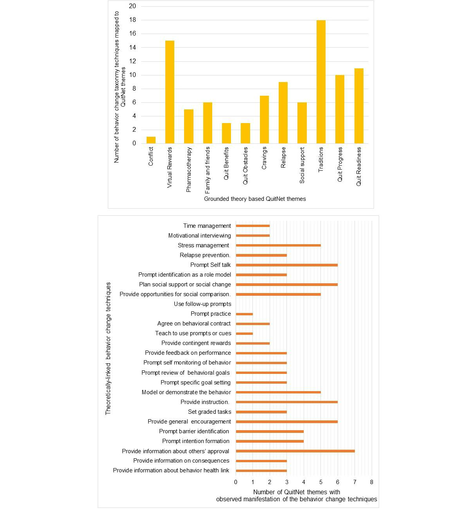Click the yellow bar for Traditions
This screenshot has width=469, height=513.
point(321,82)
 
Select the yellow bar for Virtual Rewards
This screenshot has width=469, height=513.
point(170,92)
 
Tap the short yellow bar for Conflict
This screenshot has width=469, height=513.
point(151,140)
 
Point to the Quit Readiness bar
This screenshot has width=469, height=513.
point(359,106)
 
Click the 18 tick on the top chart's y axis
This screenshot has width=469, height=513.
point(132,20)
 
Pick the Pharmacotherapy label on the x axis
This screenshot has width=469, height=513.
point(189,169)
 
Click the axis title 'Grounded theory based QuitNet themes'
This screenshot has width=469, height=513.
point(255,199)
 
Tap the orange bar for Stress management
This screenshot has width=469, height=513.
point(278,245)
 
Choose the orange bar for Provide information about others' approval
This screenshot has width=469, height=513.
point(295,451)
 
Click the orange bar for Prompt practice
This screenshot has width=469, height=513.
point(244,314)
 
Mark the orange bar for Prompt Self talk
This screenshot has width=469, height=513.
point(286,265)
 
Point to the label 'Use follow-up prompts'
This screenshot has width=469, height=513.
point(202,304)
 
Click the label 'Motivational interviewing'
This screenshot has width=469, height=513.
point(199,236)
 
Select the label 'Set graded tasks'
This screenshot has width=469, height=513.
point(209,412)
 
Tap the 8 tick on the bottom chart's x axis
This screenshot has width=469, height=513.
point(372,482)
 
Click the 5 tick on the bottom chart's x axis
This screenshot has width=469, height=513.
point(321,482)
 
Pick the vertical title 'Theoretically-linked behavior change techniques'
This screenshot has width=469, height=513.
point(108,348)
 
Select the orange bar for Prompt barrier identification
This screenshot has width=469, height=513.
point(270,431)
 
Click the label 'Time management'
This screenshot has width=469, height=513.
point(207,226)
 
